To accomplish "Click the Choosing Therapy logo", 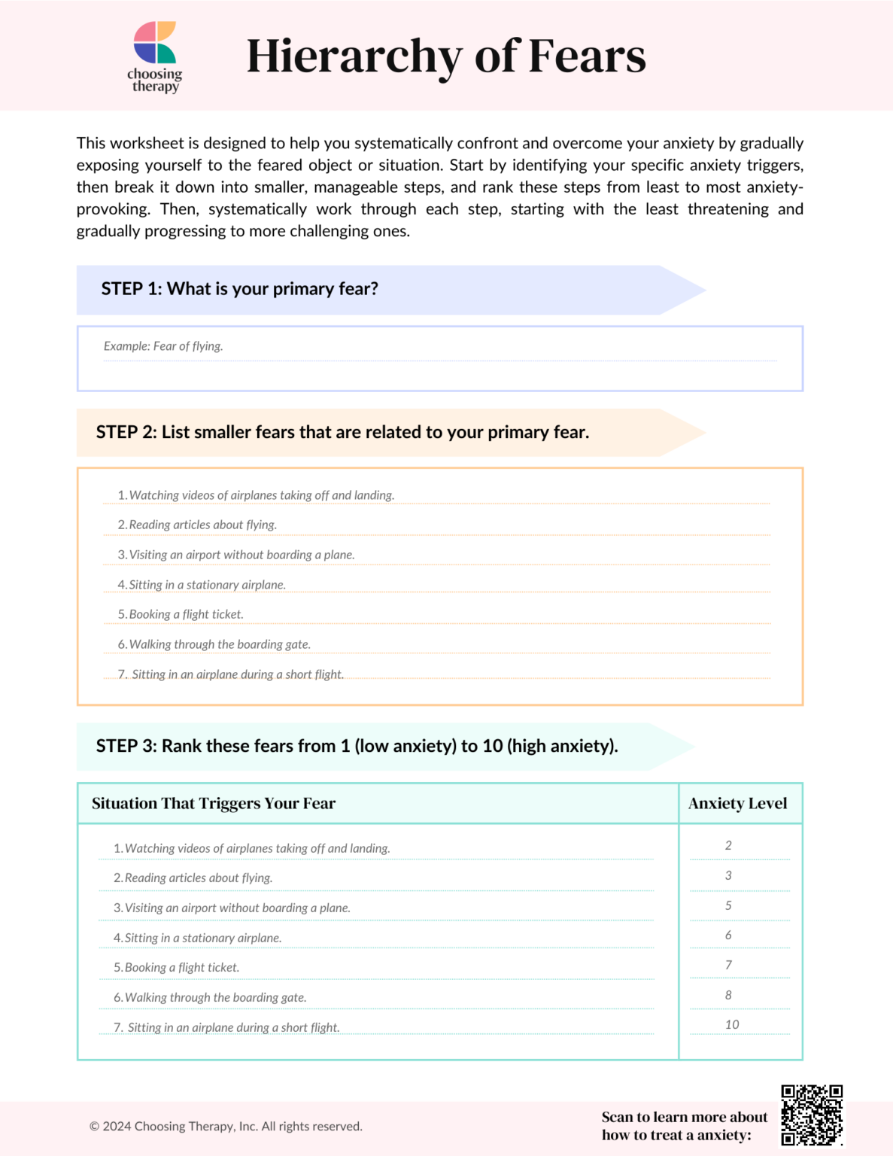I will pos(155,56).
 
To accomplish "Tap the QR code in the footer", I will pos(811,1115).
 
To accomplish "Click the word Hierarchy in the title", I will pos(354,56).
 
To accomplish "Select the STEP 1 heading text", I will pos(239,289).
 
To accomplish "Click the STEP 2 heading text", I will pos(342,432).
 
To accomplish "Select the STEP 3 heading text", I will pos(357,746).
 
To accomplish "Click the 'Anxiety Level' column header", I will pos(737,803).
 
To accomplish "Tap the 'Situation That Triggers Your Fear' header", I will pos(214,803).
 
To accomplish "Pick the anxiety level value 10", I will pos(732,1024).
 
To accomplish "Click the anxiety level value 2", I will pos(728,845).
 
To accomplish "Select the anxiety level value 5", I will pos(728,905).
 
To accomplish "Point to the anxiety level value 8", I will pos(728,995).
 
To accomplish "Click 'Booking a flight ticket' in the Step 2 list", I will pos(186,614).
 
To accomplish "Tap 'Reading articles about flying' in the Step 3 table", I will pos(198,878).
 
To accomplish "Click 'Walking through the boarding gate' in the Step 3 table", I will pos(215,997).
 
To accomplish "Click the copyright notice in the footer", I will pos(226,1126).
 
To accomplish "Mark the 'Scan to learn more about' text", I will pos(684,1117).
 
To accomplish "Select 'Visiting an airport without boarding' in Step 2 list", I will pos(241,555).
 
